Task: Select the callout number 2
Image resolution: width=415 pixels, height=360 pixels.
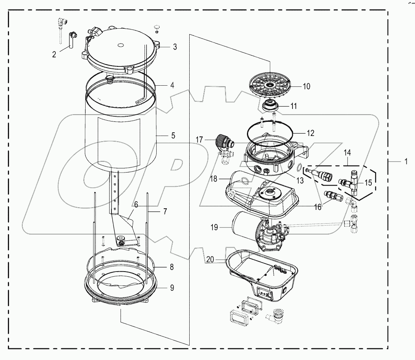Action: [54, 54]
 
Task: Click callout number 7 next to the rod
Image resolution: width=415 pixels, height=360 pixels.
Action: [165, 211]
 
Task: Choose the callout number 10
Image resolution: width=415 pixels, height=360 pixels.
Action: [306, 86]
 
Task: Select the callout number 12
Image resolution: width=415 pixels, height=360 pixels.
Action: [310, 133]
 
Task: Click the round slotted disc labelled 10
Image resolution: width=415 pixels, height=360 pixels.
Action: [271, 85]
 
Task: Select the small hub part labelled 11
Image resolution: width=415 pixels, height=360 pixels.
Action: [269, 106]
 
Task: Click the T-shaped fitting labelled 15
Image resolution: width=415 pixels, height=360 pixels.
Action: [353, 182]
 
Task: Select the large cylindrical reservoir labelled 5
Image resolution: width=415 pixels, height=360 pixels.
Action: [122, 138]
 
